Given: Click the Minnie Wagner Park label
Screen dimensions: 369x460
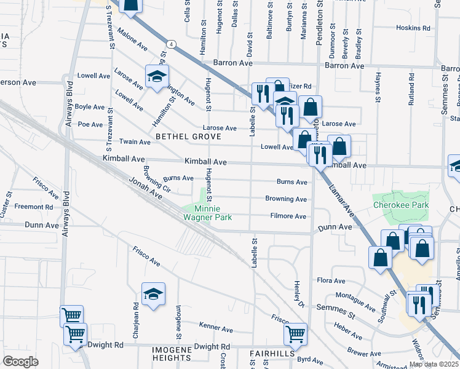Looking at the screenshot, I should pos(208,213).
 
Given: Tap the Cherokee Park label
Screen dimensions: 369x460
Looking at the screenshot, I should pos(400,205).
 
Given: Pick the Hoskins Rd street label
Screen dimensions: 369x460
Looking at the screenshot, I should pos(413,28).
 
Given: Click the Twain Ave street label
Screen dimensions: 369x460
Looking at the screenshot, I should pos(135,141).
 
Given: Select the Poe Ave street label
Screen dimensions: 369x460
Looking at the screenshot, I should pos(90,124).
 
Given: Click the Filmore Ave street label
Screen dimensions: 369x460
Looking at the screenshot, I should pos(288,216).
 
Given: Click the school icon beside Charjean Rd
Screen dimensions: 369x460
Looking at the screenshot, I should pos(153,295).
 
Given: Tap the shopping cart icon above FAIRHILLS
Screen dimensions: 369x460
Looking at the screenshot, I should pos(295,335).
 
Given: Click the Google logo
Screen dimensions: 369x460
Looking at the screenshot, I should pos(20,362).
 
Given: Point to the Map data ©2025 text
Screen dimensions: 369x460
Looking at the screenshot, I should pos(433,364).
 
